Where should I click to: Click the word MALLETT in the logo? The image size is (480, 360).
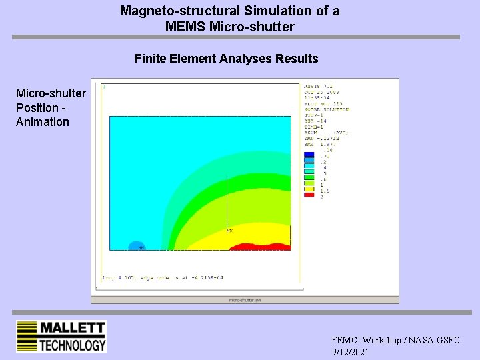[72, 328]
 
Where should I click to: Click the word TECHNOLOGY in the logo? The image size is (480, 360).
[72, 344]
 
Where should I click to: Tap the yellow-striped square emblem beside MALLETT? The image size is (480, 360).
[26, 336]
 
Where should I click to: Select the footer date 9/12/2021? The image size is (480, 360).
[350, 352]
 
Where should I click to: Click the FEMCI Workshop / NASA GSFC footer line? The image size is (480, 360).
[395, 340]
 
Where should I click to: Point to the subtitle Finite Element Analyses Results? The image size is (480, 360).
[226, 59]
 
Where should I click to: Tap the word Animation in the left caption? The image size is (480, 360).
[43, 122]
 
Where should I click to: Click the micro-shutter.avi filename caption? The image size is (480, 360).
[245, 300]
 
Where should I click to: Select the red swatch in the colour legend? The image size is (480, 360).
[309, 195]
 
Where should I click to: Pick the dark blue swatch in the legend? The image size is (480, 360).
[309, 155]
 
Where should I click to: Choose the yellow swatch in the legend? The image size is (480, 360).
[309, 189]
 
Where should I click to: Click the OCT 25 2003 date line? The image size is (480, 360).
[321, 92]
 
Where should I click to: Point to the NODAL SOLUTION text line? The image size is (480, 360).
[326, 109]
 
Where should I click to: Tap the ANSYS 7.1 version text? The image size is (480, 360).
[317, 86]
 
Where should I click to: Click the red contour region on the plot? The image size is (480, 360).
[260, 247]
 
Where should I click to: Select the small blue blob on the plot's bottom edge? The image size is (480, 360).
[136, 246]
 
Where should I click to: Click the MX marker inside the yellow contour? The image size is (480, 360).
[229, 231]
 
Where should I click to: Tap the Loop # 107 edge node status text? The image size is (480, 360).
[163, 277]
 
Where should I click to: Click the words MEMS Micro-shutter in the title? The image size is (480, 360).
[230, 27]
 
